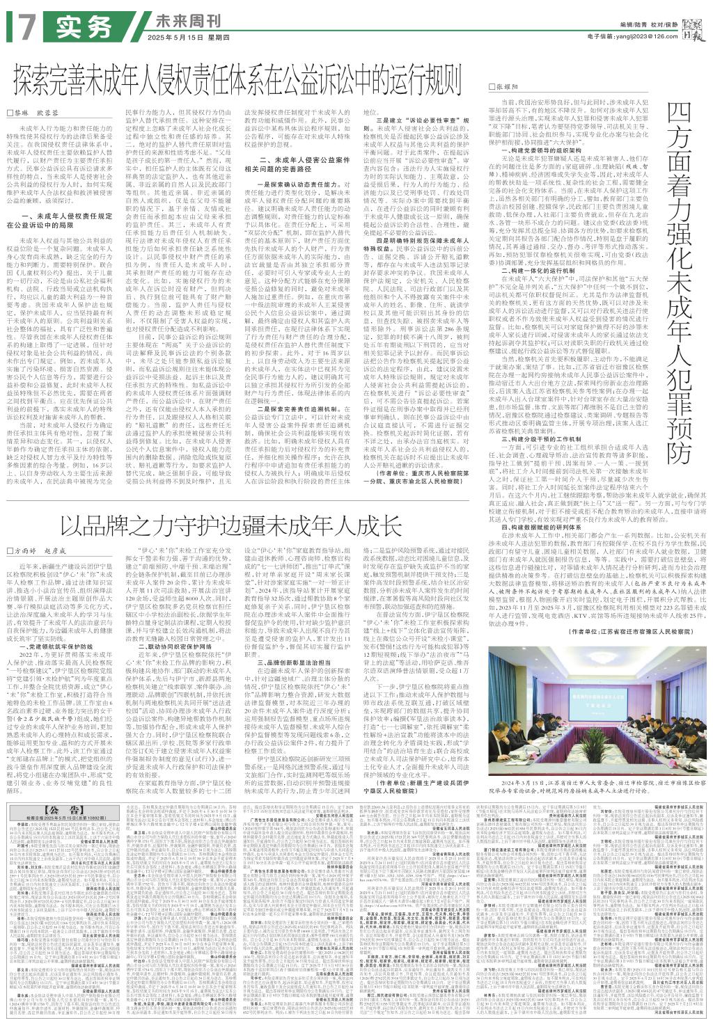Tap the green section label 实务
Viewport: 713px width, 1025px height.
(x=84, y=26)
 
